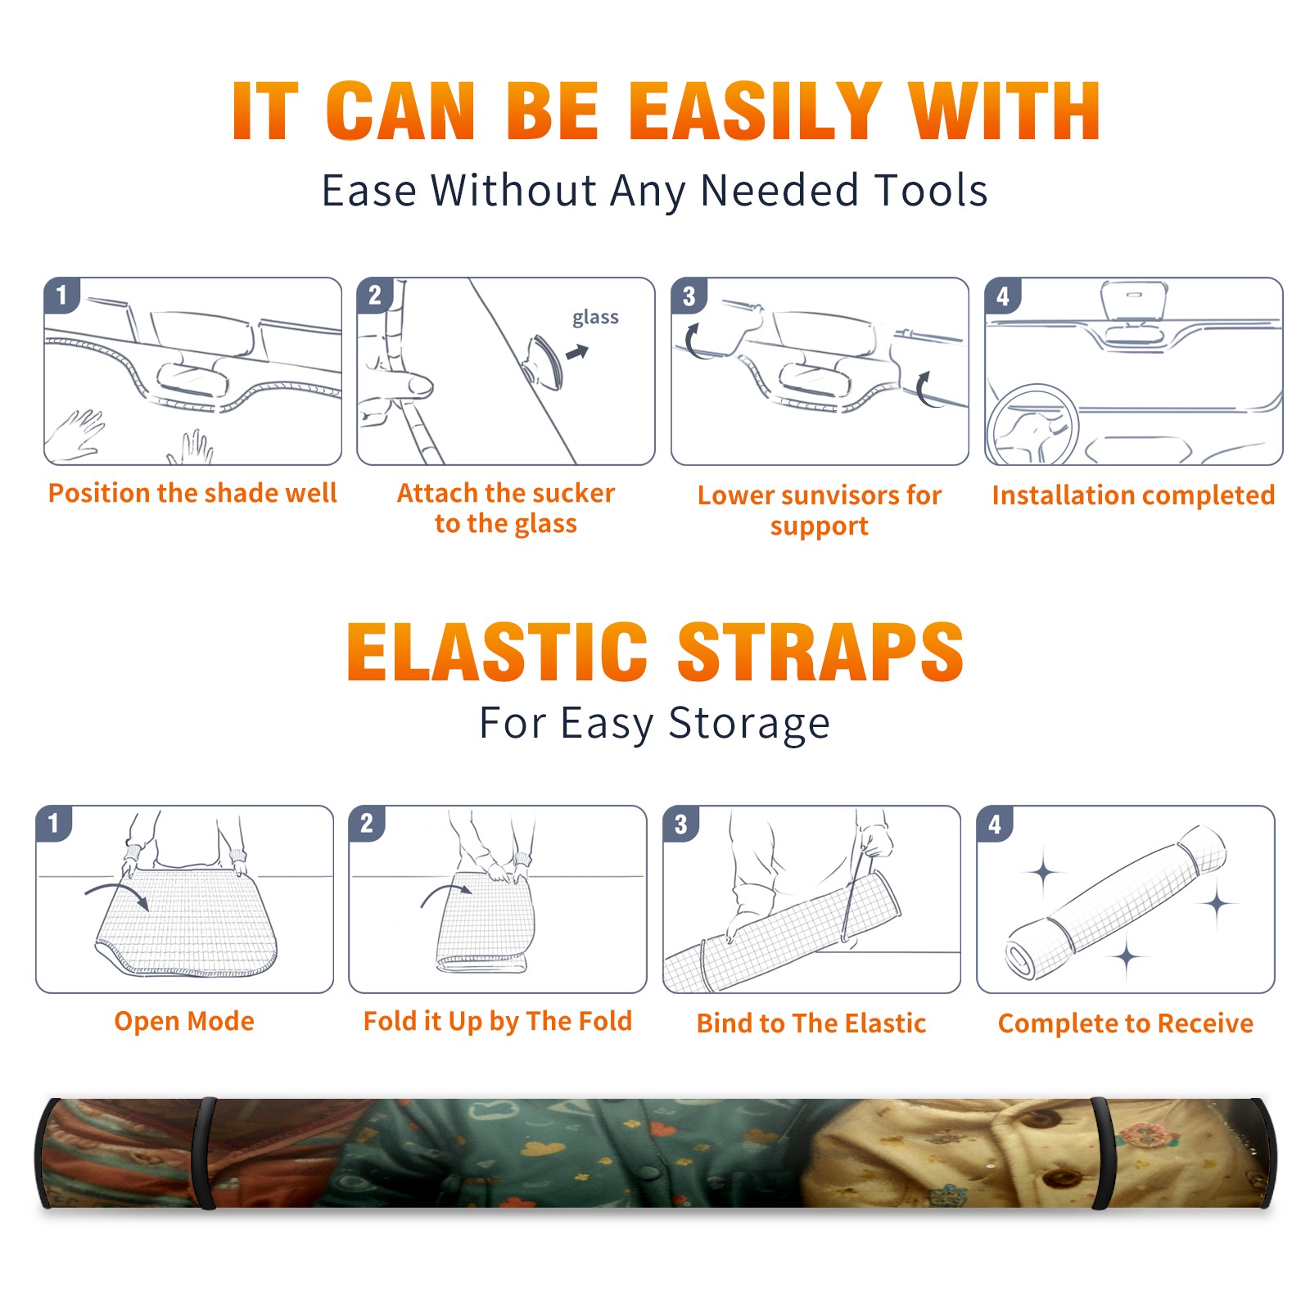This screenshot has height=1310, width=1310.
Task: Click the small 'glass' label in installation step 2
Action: coord(595,318)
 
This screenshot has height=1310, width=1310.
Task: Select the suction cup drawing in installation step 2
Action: coord(544,361)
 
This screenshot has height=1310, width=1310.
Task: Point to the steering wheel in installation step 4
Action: coord(1032,426)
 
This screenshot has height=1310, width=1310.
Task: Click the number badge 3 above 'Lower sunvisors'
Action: coord(689,296)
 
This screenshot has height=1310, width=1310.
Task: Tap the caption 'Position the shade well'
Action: coord(192,493)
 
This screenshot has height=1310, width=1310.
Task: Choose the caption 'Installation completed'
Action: coord(1133,495)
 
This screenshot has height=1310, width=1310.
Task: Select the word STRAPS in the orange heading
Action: coord(820,652)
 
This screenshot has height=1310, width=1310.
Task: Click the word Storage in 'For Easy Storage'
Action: coord(749,724)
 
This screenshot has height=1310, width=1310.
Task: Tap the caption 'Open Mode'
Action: coord(184,1021)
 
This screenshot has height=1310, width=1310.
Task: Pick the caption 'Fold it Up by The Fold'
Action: coord(498,1021)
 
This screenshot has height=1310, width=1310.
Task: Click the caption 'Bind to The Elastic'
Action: coord(811,1023)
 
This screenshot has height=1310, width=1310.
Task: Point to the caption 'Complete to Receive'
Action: coord(1126,1023)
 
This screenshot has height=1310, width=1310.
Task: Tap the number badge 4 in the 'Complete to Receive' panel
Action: coord(995,824)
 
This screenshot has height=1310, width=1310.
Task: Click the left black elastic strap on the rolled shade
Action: coord(206,1153)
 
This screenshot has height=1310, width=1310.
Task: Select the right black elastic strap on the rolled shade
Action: coord(1102,1153)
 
